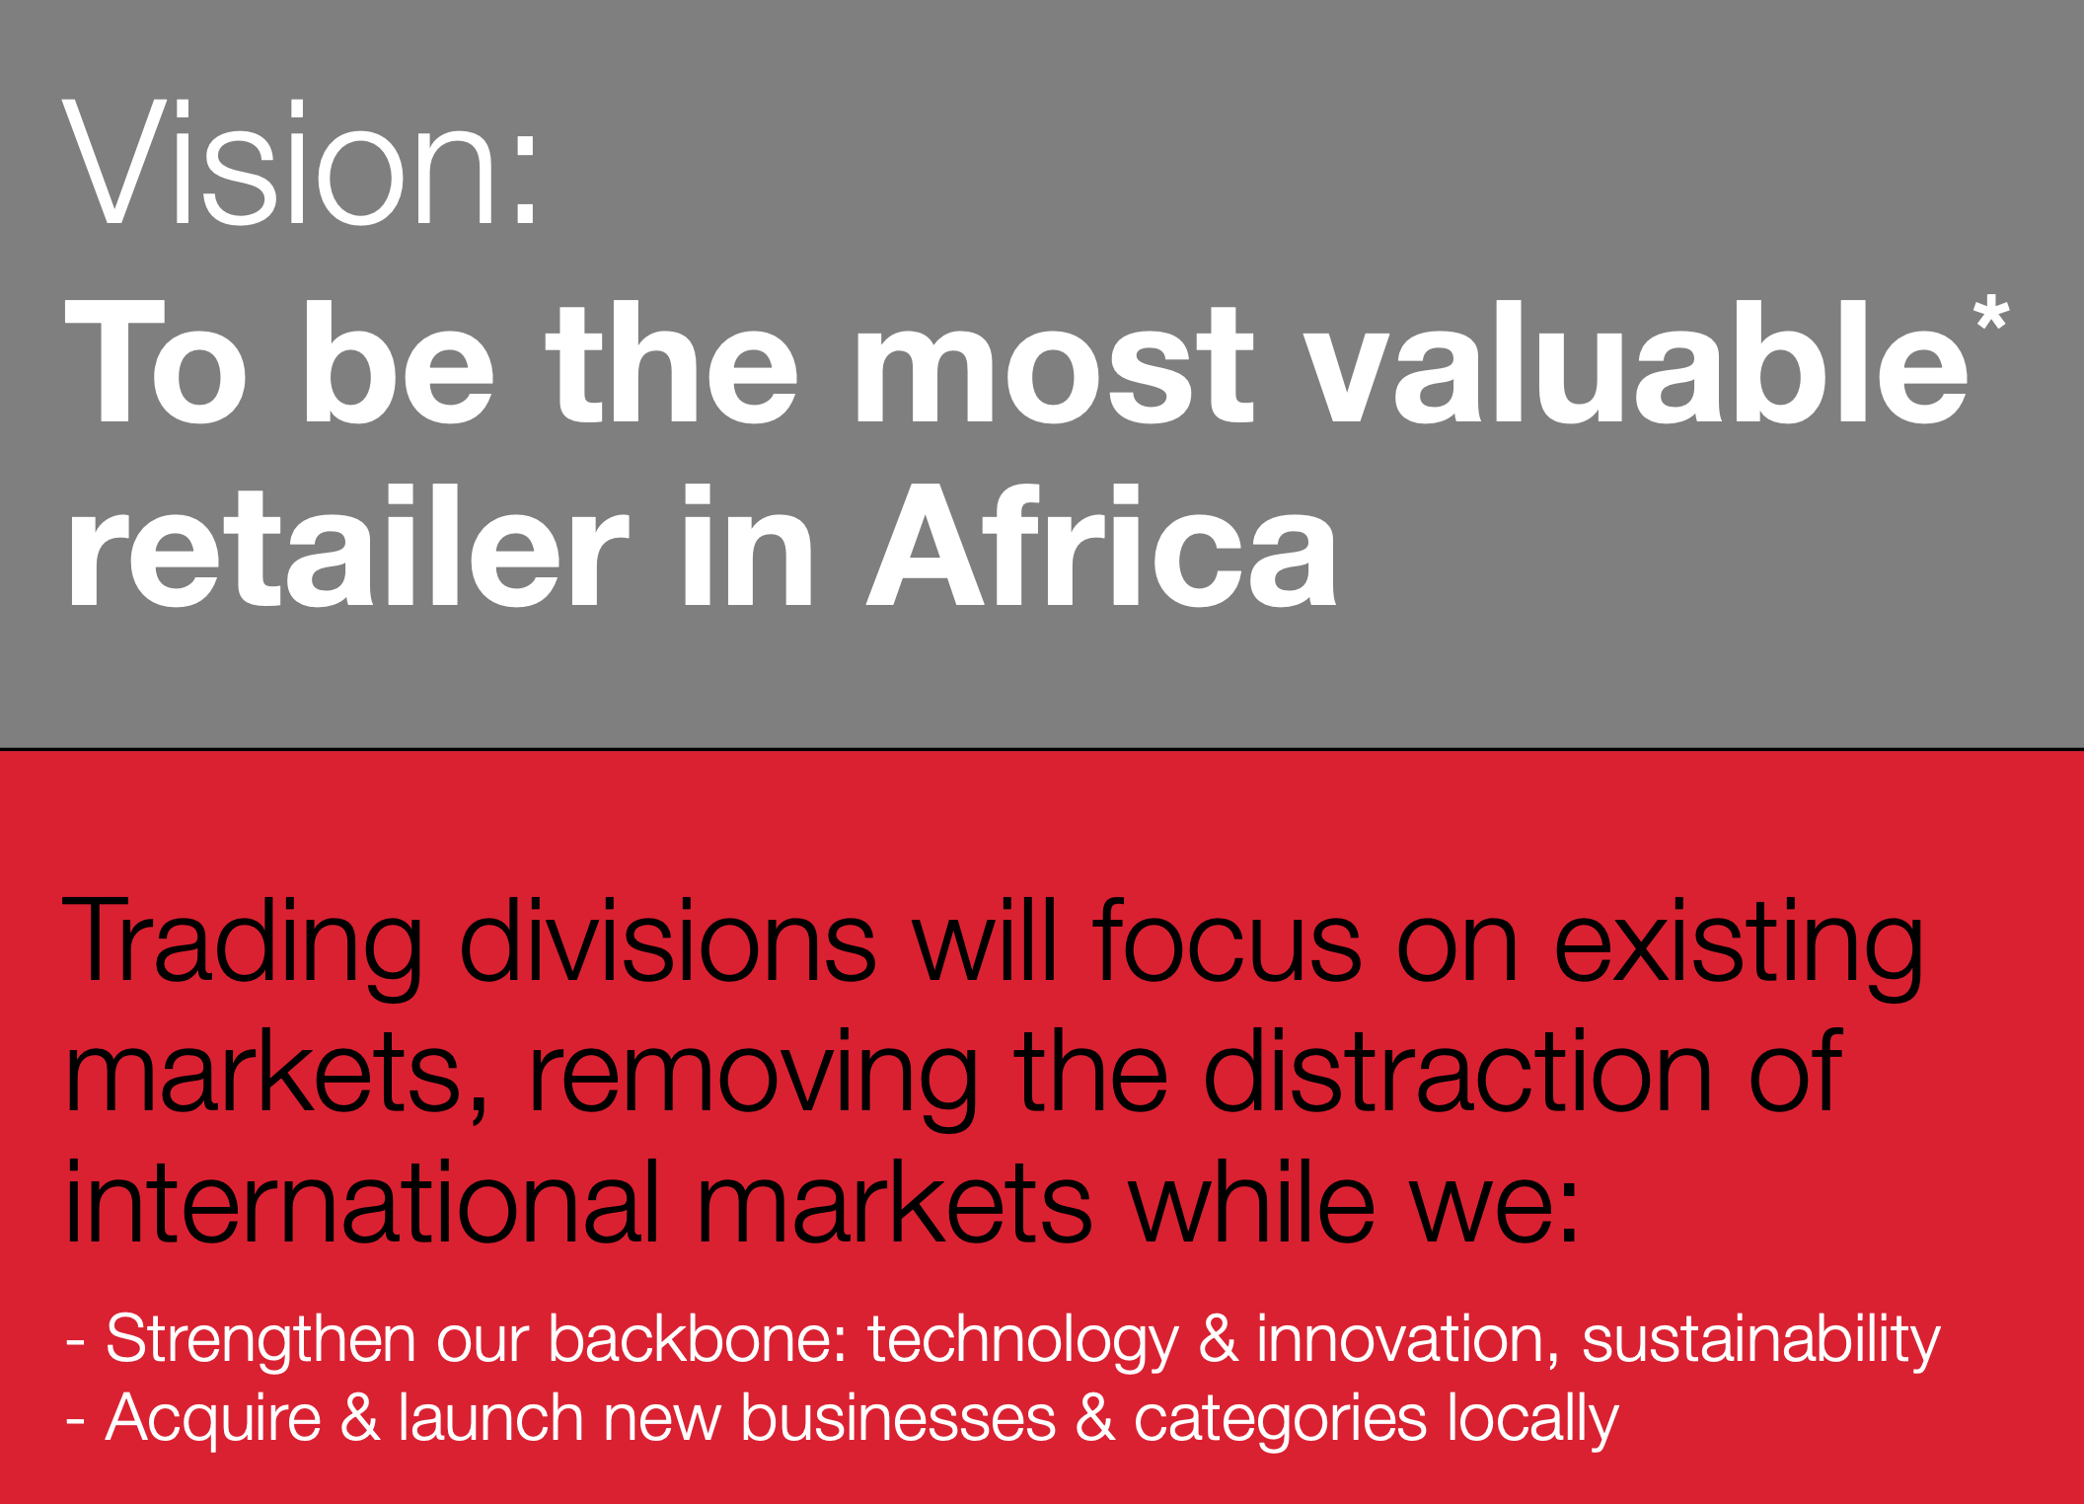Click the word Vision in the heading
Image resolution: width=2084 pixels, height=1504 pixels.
pos(280,163)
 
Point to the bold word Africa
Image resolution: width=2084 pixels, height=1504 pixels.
pos(1101,546)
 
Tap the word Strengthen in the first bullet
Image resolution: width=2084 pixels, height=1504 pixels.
pos(260,1340)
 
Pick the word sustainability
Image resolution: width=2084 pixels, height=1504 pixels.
pos(1761,1340)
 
